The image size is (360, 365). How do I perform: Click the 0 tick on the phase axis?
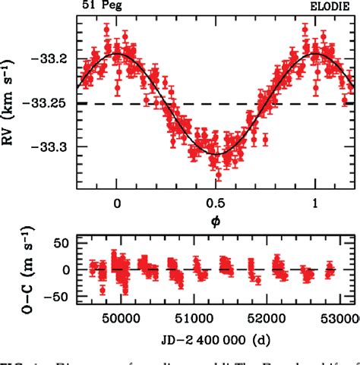pyautogui.click(x=116, y=203)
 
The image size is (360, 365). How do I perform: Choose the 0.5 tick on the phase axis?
pyautogui.click(x=216, y=203)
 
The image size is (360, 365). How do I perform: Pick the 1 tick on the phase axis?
pyautogui.click(x=316, y=203)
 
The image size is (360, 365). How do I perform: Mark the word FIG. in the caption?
pyautogui.click(x=14, y=360)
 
